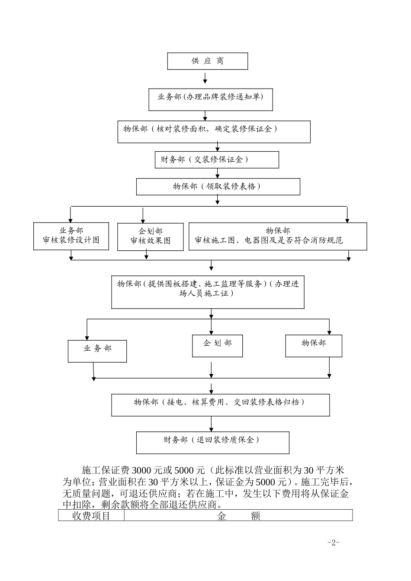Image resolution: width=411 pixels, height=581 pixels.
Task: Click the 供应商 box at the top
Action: coord(208,61)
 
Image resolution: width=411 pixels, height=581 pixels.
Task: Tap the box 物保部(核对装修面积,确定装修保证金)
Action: coord(214,131)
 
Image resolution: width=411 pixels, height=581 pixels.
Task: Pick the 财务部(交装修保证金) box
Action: coord(217,160)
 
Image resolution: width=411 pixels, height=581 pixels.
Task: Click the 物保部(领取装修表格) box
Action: coord(218,187)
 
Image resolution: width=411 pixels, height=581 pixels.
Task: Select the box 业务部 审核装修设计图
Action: coord(71,236)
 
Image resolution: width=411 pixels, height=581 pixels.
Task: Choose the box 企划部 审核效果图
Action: coord(150,236)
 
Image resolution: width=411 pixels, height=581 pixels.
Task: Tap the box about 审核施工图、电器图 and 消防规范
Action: coord(278,236)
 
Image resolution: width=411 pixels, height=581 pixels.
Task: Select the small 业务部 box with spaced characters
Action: coord(97,351)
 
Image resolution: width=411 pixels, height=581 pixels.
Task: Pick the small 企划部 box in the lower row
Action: coord(217,345)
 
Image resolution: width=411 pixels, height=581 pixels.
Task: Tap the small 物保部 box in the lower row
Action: coord(314,345)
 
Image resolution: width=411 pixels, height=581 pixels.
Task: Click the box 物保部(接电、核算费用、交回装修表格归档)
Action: coord(220,405)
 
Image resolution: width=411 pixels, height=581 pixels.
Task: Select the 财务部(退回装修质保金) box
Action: coord(212,442)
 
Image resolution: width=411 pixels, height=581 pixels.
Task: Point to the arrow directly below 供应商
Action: coord(205,78)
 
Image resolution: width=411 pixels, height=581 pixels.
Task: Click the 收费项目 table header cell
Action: coord(91,516)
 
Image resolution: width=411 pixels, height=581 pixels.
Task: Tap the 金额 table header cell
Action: coord(238,516)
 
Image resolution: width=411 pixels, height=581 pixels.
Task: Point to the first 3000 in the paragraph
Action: coord(140,470)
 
